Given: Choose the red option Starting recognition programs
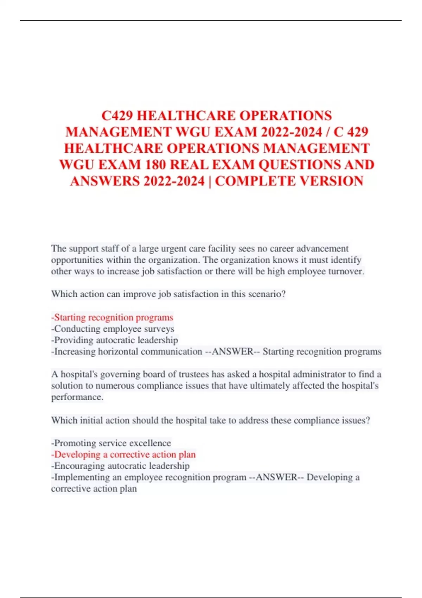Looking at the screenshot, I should pyautogui.click(x=113, y=317).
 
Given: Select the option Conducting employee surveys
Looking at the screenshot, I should pyautogui.click(x=113, y=329).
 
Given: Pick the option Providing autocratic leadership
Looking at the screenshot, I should pyautogui.click(x=115, y=340).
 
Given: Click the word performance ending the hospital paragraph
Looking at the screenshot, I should pyautogui.click(x=77, y=397).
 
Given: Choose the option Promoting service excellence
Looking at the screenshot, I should pyautogui.click(x=111, y=443).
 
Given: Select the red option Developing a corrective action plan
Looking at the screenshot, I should pyautogui.click(x=124, y=454).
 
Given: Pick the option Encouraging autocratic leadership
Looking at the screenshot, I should pyautogui.click(x=121, y=466).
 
